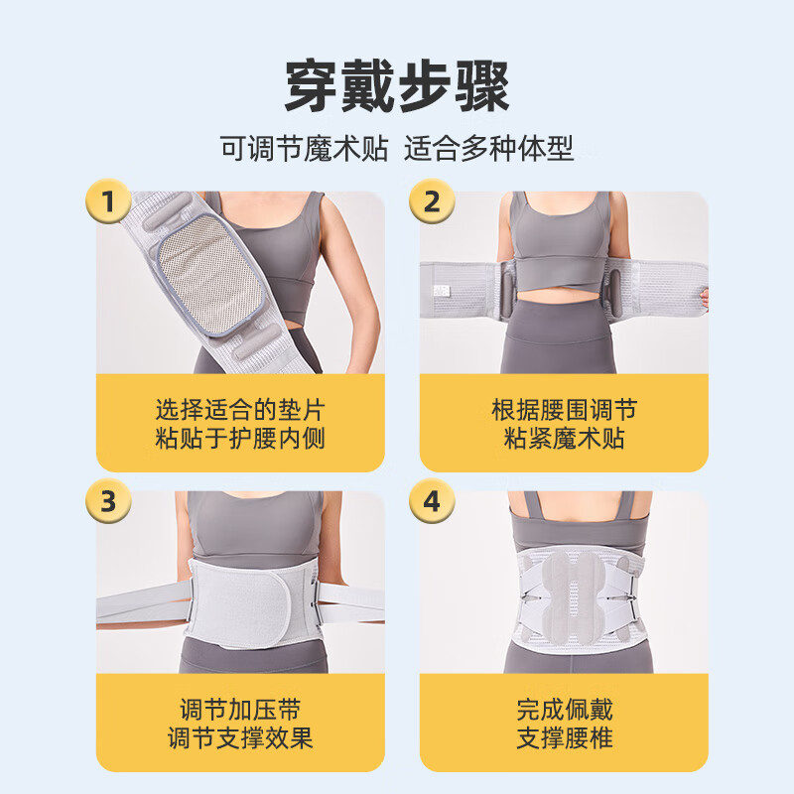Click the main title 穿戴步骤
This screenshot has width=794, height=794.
397,87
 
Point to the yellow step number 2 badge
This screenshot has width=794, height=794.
431,202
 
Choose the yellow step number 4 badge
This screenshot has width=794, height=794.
431,501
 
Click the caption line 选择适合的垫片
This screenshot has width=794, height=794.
240,409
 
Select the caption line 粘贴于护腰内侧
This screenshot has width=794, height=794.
240,439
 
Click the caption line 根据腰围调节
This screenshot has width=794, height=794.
564,409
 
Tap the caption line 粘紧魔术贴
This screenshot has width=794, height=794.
564,439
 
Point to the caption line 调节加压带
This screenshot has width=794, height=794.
240,710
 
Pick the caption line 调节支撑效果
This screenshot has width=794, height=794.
240,739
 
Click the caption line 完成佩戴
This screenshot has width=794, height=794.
564,710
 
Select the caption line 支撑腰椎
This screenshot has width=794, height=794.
564,739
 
